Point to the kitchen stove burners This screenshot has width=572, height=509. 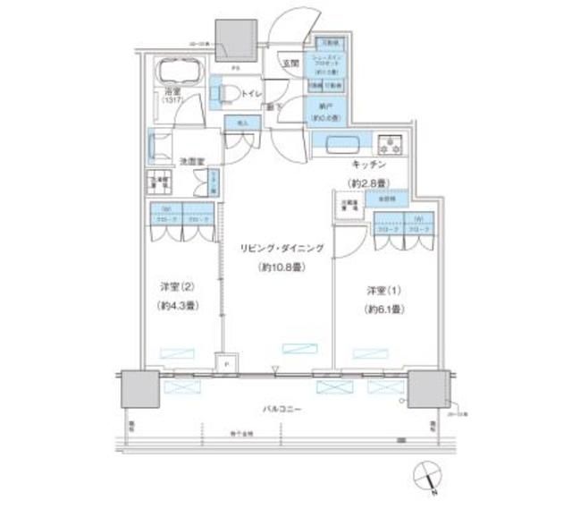(391, 144)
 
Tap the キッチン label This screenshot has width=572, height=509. (367, 166)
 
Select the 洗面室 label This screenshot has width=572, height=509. (192, 162)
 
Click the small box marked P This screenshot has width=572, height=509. (226, 365)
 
